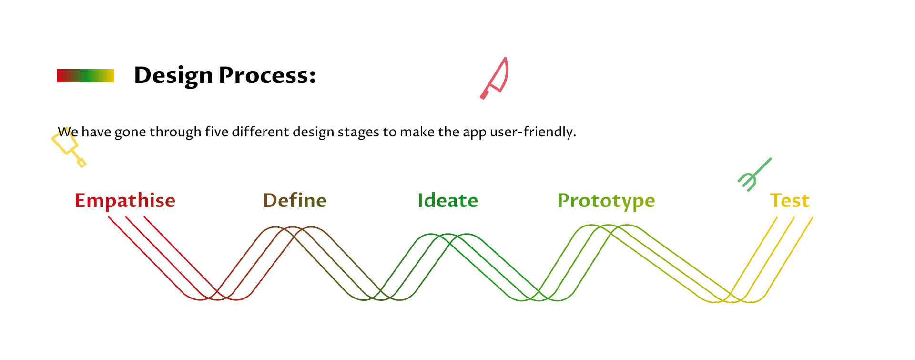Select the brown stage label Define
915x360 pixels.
pos(295,200)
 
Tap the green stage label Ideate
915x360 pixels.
pos(448,201)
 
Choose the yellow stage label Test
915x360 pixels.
pos(790,201)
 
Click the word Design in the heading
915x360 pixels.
pos(173,76)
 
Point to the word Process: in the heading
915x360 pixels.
pos(267,75)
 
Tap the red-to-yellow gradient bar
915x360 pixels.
pos(86,76)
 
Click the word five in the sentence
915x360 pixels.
pos(217,132)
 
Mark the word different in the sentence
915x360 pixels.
pos(260,132)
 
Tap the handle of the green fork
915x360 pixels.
pos(762,167)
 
